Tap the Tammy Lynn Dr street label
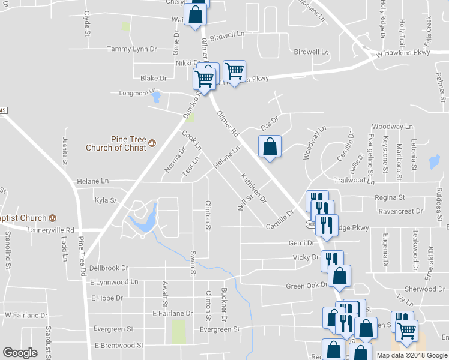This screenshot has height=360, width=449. click(131, 49)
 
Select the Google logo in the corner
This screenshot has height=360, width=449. click(20, 353)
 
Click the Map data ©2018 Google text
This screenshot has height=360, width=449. click(412, 355)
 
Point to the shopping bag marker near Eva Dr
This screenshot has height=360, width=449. click(270, 146)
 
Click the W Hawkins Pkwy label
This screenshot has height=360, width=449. click(403, 53)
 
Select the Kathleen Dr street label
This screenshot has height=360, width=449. click(253, 188)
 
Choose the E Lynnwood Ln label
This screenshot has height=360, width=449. click(114, 281)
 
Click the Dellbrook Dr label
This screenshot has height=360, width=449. click(109, 268)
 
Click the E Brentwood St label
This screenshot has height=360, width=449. click(119, 346)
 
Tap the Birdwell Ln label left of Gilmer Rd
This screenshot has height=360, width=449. click(230, 35)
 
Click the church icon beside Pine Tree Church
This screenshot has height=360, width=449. click(152, 143)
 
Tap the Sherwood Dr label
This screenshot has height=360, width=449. click(424, 289)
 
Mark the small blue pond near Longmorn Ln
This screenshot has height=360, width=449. click(156, 96)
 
